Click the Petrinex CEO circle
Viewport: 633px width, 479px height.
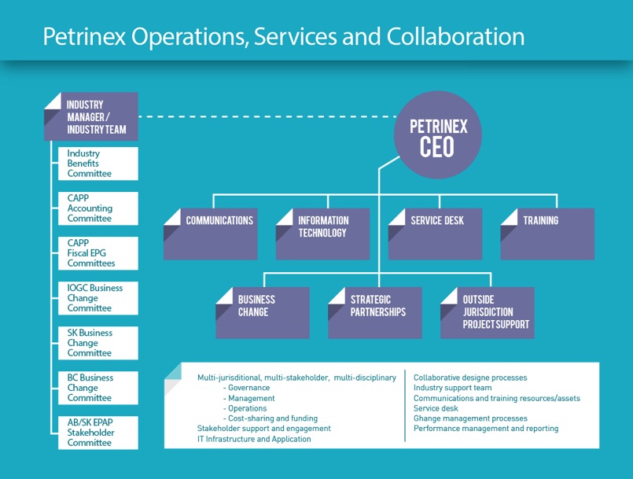[x=438, y=136]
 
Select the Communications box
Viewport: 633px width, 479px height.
[x=211, y=234]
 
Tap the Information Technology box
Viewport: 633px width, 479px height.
[x=323, y=234]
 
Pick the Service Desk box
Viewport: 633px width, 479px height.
[x=436, y=234]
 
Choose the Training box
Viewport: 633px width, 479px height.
[x=547, y=234]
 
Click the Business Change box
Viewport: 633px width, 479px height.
[x=263, y=312]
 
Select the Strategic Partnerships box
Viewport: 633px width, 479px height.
[x=375, y=312]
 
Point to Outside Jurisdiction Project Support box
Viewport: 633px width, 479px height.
[x=488, y=312]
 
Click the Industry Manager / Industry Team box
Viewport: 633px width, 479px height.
[x=91, y=117]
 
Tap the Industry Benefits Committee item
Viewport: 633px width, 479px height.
[x=98, y=164]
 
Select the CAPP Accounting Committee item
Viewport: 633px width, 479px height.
[x=98, y=208]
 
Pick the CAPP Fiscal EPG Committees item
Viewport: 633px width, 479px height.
[x=98, y=253]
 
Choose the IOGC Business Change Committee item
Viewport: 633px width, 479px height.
[x=98, y=298]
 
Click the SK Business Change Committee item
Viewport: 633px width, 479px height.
[x=98, y=343]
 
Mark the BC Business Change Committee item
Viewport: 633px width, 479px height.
[x=98, y=388]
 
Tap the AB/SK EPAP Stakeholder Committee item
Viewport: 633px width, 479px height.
[x=98, y=433]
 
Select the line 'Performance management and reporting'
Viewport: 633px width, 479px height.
[x=486, y=429]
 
